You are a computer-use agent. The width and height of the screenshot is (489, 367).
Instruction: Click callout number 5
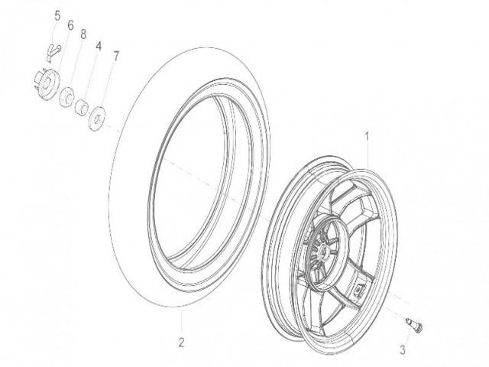57,15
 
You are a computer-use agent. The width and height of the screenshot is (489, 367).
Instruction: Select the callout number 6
70,25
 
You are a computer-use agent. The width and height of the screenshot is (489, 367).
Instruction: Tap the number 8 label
83,34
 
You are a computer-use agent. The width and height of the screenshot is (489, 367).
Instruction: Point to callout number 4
99,46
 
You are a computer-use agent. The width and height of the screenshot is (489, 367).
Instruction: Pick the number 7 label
115,57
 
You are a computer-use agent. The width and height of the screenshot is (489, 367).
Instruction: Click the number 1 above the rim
367,137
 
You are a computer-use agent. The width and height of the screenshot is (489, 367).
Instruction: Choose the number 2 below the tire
181,343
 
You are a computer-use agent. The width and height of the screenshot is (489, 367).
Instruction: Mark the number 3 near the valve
403,350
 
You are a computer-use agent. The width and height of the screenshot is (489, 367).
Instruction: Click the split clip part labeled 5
52,51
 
